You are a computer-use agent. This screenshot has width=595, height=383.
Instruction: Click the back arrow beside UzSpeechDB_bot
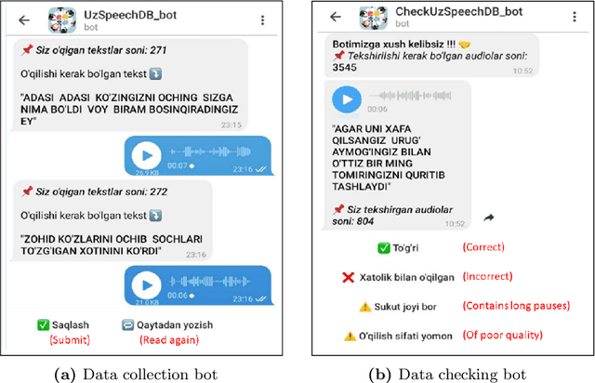click(x=23, y=19)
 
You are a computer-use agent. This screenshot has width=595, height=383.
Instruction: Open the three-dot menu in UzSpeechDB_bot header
click(x=263, y=19)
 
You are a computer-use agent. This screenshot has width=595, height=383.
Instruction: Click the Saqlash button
click(x=69, y=324)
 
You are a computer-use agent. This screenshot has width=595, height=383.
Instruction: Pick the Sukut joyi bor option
click(x=404, y=306)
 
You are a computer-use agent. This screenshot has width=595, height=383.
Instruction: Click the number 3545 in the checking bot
click(x=345, y=68)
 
